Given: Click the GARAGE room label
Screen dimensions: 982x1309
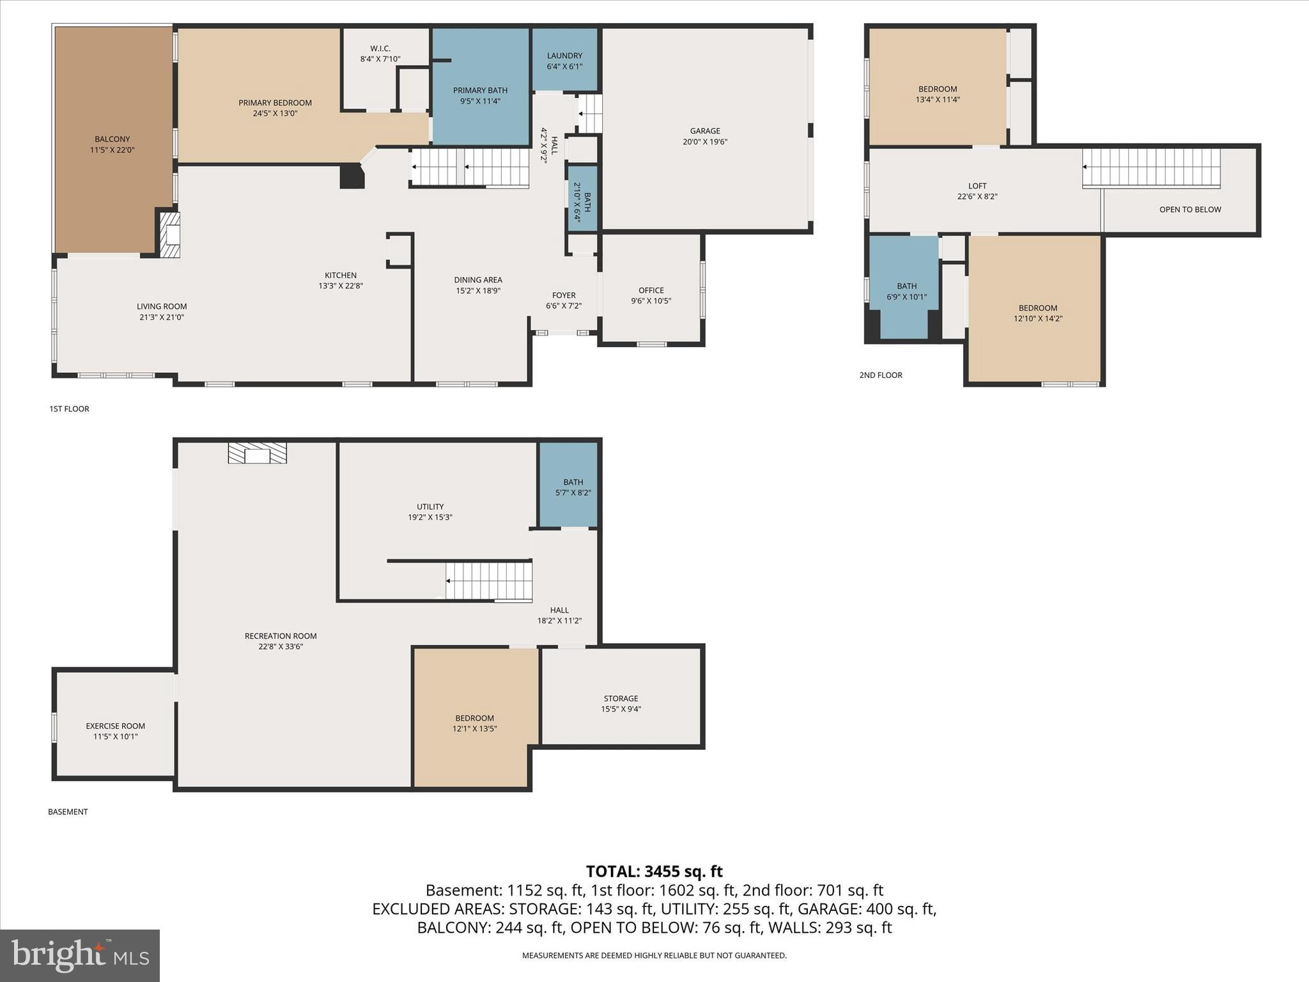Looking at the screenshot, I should coord(704,131).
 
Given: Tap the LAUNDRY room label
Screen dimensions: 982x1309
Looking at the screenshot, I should coord(564,56).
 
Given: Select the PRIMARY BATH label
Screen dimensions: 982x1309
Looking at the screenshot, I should coord(480,90).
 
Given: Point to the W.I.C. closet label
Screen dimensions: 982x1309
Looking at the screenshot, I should coord(380,49).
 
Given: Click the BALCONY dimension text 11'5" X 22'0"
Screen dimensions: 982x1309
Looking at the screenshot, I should coord(112,150).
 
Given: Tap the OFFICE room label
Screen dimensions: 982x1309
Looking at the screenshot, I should coord(651,290).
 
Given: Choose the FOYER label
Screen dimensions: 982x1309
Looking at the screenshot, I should coord(563,295).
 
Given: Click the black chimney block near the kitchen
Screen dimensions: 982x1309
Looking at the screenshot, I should coord(352,176).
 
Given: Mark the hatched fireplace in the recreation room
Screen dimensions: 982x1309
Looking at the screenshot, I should coord(258,453).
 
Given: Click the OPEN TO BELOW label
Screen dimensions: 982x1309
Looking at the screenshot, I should coord(1189,210).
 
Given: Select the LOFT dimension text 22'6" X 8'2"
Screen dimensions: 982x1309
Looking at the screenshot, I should coord(977,197).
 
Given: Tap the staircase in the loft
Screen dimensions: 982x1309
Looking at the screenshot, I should coord(1151,168).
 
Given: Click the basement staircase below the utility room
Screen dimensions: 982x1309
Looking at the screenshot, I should coord(489,581).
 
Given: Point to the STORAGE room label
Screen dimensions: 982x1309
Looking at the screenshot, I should coord(621,698).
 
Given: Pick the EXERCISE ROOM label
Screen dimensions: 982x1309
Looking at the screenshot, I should coord(115,726).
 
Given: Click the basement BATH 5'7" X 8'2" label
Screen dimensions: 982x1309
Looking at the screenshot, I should coord(573,487).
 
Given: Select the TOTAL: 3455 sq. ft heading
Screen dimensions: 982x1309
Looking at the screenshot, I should coord(654,871).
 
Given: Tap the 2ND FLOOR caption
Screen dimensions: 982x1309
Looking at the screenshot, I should coord(880,375).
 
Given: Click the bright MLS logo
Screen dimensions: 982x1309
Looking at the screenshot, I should coord(80,955).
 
